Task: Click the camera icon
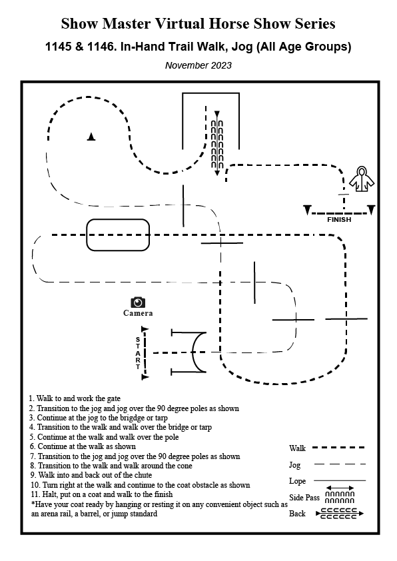(138, 302)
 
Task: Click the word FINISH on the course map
(339, 220)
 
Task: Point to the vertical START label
(138, 352)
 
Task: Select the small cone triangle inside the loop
(91, 137)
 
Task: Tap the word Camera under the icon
(138, 313)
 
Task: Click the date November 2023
(198, 65)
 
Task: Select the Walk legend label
(297, 448)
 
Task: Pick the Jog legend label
(294, 465)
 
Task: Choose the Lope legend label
(297, 481)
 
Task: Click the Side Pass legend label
(304, 497)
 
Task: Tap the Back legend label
(297, 514)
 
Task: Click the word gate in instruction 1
(113, 399)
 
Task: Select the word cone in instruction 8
(185, 466)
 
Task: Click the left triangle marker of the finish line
(307, 210)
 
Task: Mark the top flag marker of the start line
(145, 329)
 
